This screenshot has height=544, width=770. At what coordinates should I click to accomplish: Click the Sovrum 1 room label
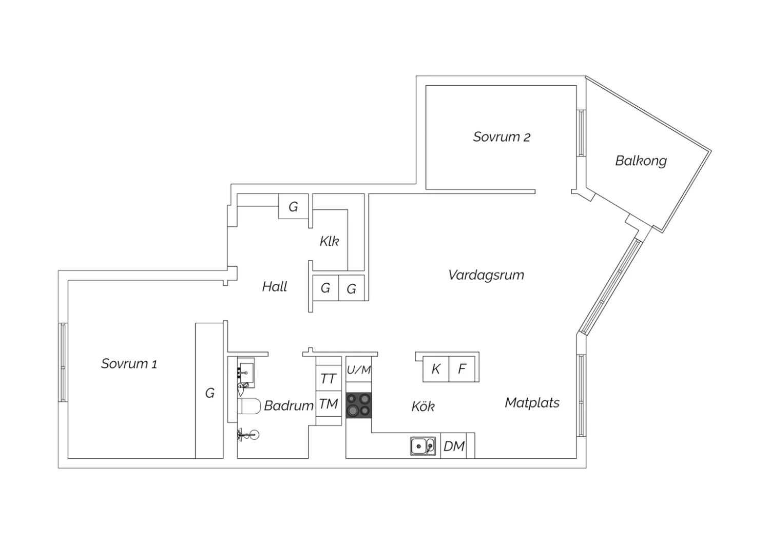(129, 363)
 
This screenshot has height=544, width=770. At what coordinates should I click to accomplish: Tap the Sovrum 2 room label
(502, 137)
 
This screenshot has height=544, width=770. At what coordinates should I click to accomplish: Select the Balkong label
(641, 161)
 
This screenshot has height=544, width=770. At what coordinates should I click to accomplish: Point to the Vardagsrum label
(486, 275)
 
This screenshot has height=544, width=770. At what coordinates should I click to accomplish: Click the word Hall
(274, 286)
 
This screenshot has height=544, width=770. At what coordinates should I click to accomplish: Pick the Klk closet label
(330, 241)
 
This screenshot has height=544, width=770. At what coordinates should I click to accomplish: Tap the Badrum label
(288, 406)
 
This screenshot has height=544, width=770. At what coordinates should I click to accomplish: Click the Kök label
(423, 406)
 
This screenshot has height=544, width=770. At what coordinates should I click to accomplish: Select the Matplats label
(532, 403)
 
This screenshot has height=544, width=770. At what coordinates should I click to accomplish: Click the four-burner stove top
(358, 405)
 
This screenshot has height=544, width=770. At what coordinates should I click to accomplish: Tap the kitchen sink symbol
(423, 446)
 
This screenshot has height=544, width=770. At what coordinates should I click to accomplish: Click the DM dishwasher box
(453, 445)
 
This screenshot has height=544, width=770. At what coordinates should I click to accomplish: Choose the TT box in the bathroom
(329, 378)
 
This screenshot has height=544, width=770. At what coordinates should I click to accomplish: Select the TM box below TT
(329, 404)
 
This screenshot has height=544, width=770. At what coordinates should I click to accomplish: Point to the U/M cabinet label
(358, 370)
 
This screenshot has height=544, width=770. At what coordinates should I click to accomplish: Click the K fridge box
(436, 369)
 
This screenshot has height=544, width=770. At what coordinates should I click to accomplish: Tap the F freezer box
(462, 369)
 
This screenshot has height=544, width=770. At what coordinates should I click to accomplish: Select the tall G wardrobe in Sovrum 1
(209, 391)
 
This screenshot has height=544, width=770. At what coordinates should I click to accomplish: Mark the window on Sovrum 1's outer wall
(63, 362)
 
